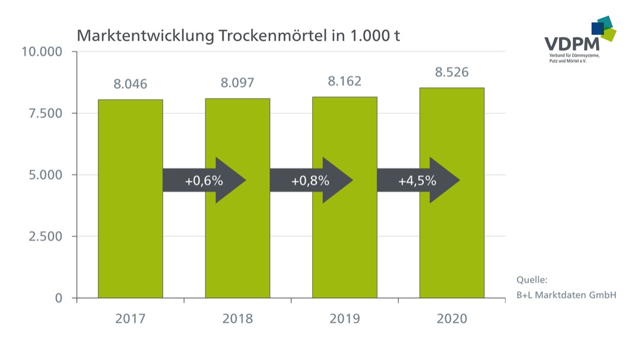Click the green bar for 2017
131,237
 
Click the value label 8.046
131,84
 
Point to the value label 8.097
237,83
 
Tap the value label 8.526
452,73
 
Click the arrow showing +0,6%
204,180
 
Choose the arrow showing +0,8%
311,180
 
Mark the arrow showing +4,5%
418,180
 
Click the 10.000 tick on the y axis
42,52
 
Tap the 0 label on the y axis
59,298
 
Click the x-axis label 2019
345,319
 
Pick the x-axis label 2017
131,319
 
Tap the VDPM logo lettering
572,44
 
